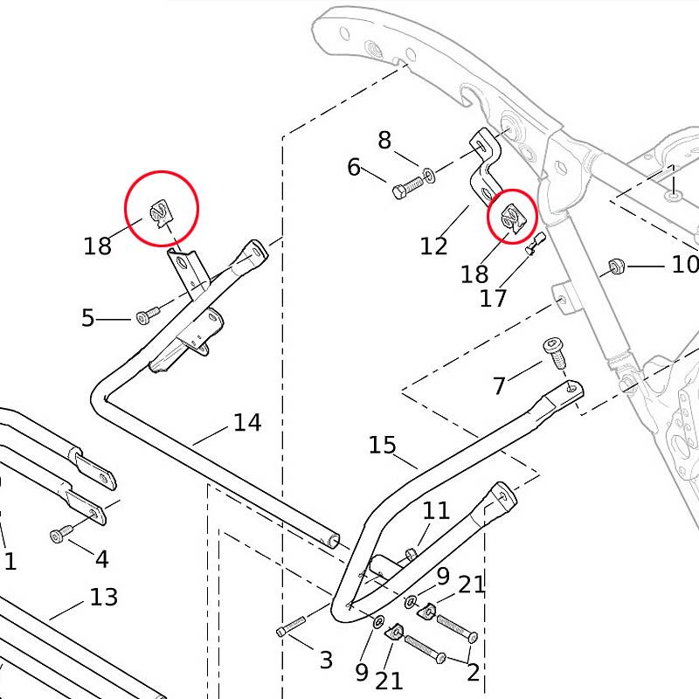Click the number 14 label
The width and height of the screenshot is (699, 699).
(247, 423)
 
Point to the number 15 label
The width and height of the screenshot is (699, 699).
(382, 445)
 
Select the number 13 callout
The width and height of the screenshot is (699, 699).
(103, 598)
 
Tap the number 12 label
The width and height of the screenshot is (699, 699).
(433, 246)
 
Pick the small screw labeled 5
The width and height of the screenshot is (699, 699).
(146, 315)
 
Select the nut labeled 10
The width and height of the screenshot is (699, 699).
(614, 265)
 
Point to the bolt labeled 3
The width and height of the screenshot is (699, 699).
(290, 626)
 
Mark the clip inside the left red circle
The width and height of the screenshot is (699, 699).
(161, 211)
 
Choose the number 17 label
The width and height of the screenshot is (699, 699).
(493, 298)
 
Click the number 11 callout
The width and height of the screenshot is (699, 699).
(436, 510)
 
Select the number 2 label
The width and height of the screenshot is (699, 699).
(474, 672)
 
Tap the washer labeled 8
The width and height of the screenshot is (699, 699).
(430, 176)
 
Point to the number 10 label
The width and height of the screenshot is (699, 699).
(684, 264)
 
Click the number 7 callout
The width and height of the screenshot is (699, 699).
(500, 384)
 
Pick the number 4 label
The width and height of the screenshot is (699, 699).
(102, 558)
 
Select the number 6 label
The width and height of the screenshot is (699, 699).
(354, 167)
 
